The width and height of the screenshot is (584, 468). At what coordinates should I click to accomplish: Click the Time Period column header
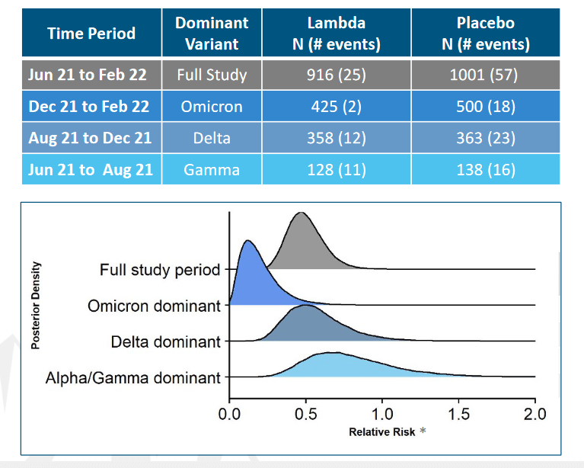91,34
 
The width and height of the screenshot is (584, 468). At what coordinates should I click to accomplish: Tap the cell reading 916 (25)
336,75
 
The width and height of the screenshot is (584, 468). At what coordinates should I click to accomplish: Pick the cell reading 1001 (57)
485,75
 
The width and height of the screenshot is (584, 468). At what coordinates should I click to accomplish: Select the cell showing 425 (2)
336,107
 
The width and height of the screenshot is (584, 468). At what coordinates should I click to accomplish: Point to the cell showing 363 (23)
485,138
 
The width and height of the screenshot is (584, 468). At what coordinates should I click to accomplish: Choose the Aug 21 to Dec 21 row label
90,138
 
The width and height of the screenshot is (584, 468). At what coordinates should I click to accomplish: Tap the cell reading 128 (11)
336,169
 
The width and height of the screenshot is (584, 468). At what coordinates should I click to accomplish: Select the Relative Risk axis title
382,432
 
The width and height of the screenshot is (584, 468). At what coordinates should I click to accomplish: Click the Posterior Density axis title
36,305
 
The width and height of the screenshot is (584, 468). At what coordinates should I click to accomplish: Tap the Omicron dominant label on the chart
154,306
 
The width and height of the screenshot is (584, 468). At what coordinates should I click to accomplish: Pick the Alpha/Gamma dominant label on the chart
133,377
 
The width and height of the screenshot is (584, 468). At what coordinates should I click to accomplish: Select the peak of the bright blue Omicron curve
247,241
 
